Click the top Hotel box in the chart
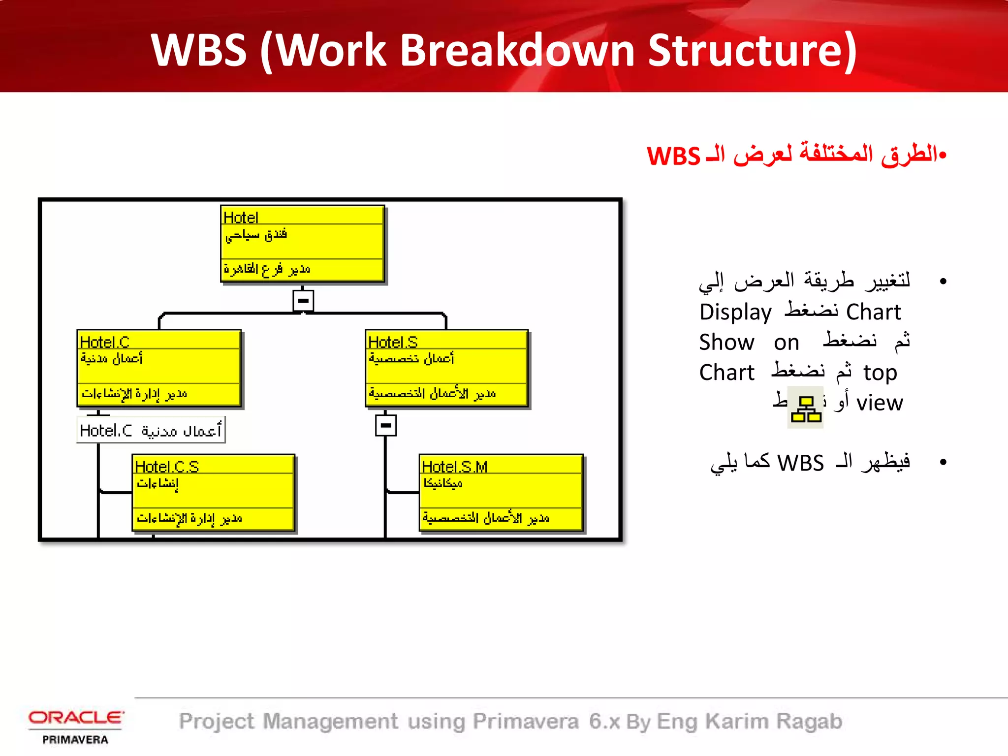302,243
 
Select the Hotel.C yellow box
159,368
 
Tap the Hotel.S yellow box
446,368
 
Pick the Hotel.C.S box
214,492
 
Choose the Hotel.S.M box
501,492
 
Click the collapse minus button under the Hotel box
303,300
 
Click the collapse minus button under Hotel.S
386,425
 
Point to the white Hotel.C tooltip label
151,430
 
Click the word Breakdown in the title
517,50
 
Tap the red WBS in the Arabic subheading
673,157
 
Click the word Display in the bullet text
735,312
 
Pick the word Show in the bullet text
726,342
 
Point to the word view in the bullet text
880,403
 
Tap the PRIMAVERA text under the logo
75,740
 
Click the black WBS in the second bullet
800,463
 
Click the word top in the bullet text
880,373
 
